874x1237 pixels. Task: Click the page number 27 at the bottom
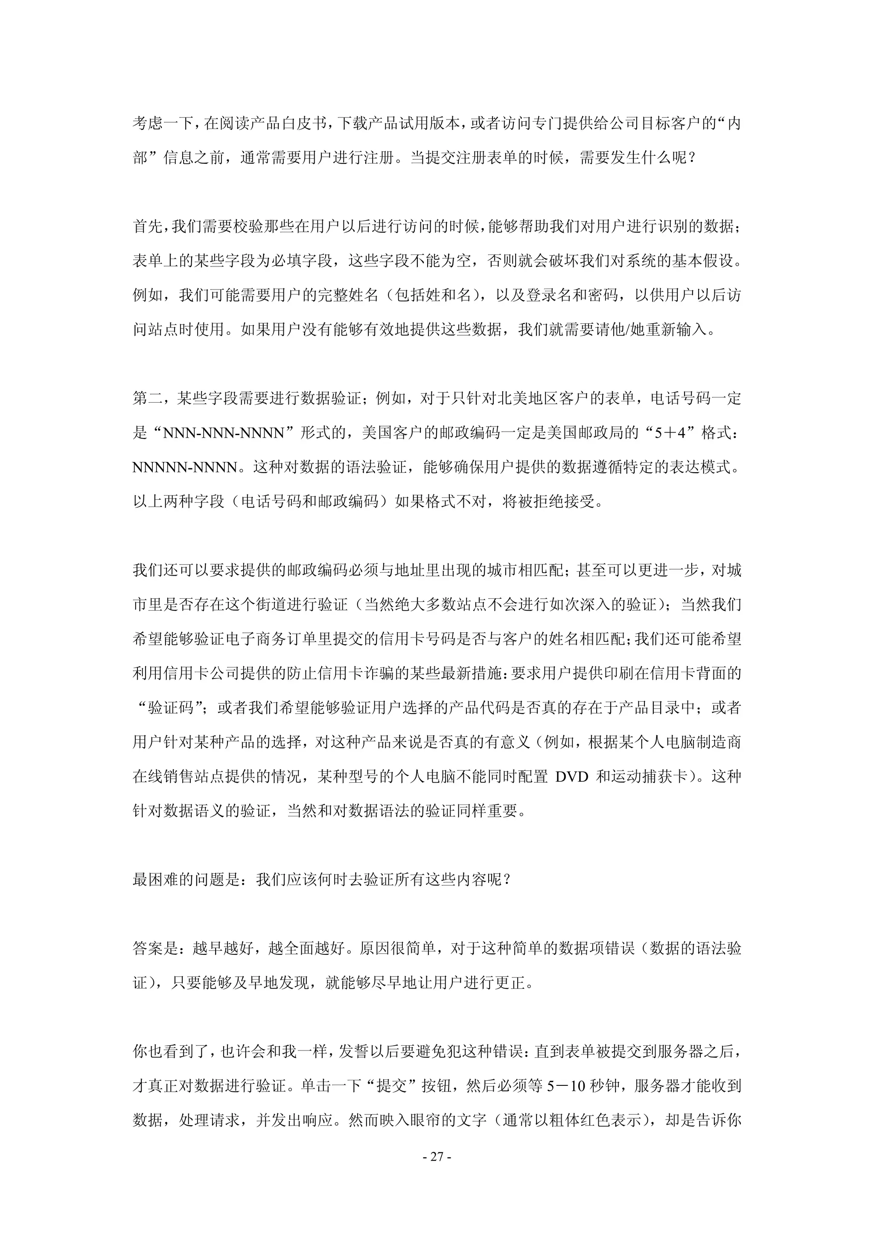click(437, 1157)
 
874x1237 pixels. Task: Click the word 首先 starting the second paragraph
click(147, 227)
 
